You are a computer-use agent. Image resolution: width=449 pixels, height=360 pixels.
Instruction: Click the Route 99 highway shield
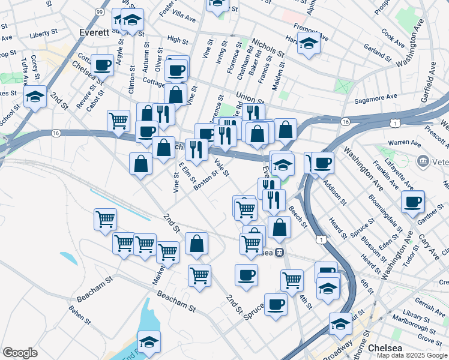[99, 11]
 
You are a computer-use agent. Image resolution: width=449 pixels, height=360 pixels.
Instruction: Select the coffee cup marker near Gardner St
[413, 202]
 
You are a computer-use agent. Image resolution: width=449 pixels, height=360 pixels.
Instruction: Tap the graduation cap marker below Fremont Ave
[309, 44]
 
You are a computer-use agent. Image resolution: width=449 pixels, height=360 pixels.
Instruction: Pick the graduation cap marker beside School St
[35, 96]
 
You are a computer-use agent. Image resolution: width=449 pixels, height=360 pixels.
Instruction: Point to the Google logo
[20, 353]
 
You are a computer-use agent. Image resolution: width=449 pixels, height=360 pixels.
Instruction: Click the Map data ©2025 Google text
[412, 355]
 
